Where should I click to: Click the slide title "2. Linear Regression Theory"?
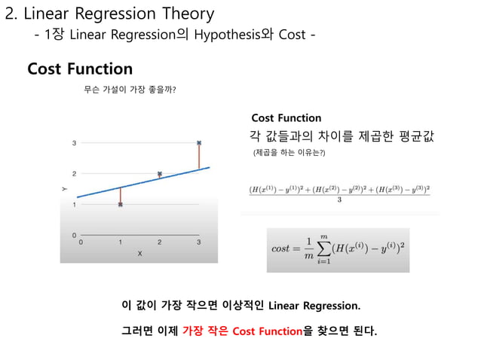pyautogui.click(x=109, y=14)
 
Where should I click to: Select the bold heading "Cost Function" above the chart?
pyautogui.click(x=80, y=69)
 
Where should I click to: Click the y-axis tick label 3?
pyautogui.click(x=74, y=142)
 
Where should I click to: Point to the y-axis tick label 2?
pyautogui.click(x=74, y=173)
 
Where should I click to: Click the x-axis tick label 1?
pyautogui.click(x=120, y=242)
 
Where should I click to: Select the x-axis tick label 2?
pyautogui.click(x=159, y=242)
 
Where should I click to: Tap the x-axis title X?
pyautogui.click(x=139, y=254)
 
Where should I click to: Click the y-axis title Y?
pyautogui.click(x=65, y=189)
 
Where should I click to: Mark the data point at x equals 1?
pyautogui.click(x=120, y=204)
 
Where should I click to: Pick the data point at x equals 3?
pyautogui.click(x=198, y=142)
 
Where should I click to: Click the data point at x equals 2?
pyautogui.click(x=159, y=174)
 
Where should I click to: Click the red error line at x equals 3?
pyautogui.click(x=198, y=156)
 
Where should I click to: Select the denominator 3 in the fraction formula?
pyautogui.click(x=340, y=200)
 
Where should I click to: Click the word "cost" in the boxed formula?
pyautogui.click(x=280, y=249)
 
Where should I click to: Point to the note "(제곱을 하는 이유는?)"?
pyautogui.click(x=290, y=153)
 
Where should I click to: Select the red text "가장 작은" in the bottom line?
pyautogui.click(x=205, y=331)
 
